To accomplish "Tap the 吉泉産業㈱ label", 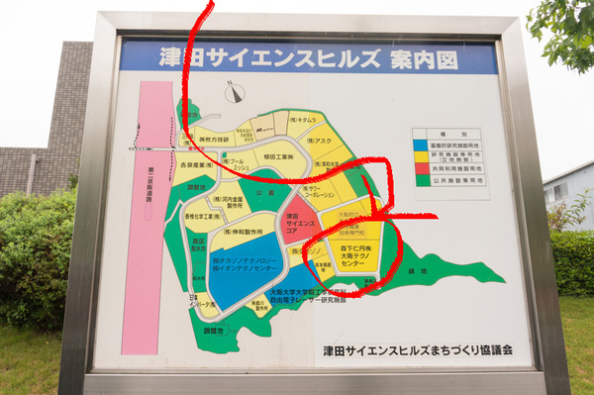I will coord(199,165).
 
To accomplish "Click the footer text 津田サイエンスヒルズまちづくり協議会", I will coord(417,350).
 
